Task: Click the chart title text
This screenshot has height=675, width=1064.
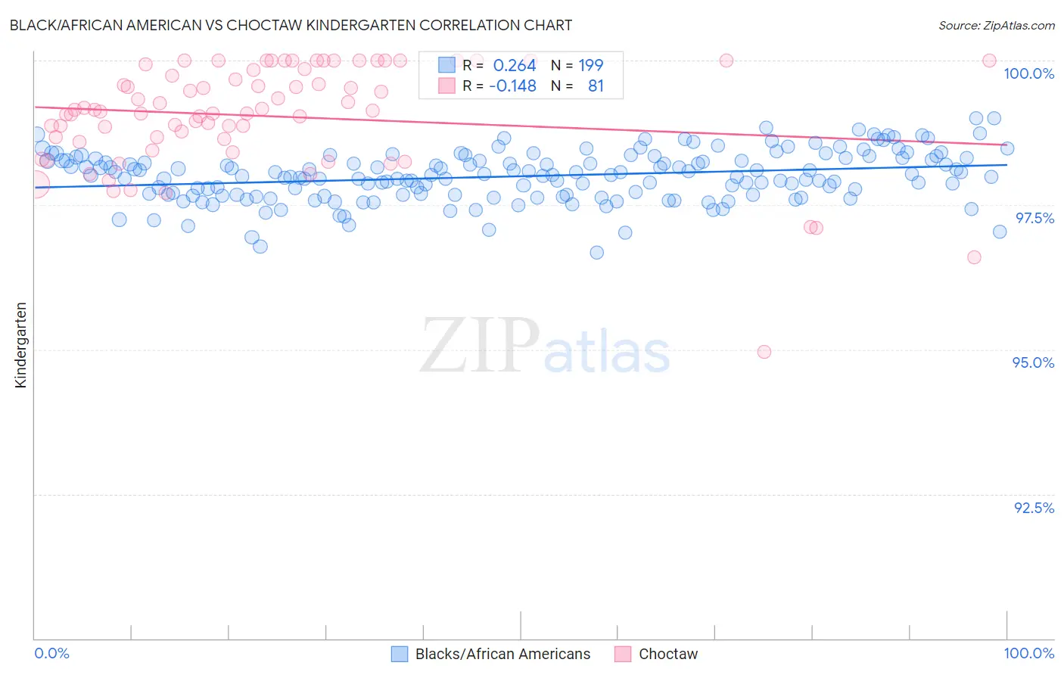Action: (291, 25)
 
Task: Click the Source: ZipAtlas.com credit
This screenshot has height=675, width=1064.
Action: (996, 26)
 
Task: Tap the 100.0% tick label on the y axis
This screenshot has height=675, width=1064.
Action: (1028, 73)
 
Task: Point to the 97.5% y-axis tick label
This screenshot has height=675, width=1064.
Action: (1034, 218)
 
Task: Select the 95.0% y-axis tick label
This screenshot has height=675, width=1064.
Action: (1033, 362)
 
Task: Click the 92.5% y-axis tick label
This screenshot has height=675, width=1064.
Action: (1034, 508)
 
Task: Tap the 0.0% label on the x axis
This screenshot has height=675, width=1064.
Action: (51, 653)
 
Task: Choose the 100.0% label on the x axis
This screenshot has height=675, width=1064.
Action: (1028, 653)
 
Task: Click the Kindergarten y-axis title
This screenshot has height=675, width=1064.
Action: (20, 345)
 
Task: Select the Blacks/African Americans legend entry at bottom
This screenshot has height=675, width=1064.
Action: (502, 654)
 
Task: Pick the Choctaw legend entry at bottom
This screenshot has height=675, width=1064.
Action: (668, 654)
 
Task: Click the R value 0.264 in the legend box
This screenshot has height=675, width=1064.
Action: (515, 65)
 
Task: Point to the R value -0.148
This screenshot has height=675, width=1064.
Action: (512, 86)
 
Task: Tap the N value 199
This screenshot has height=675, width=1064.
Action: (591, 65)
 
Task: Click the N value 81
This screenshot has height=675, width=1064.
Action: (596, 86)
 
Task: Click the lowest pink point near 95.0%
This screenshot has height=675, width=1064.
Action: (764, 352)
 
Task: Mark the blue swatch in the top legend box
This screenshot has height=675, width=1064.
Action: (447, 65)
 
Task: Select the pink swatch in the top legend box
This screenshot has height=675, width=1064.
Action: (447, 86)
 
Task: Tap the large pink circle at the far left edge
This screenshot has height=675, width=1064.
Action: (35, 184)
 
